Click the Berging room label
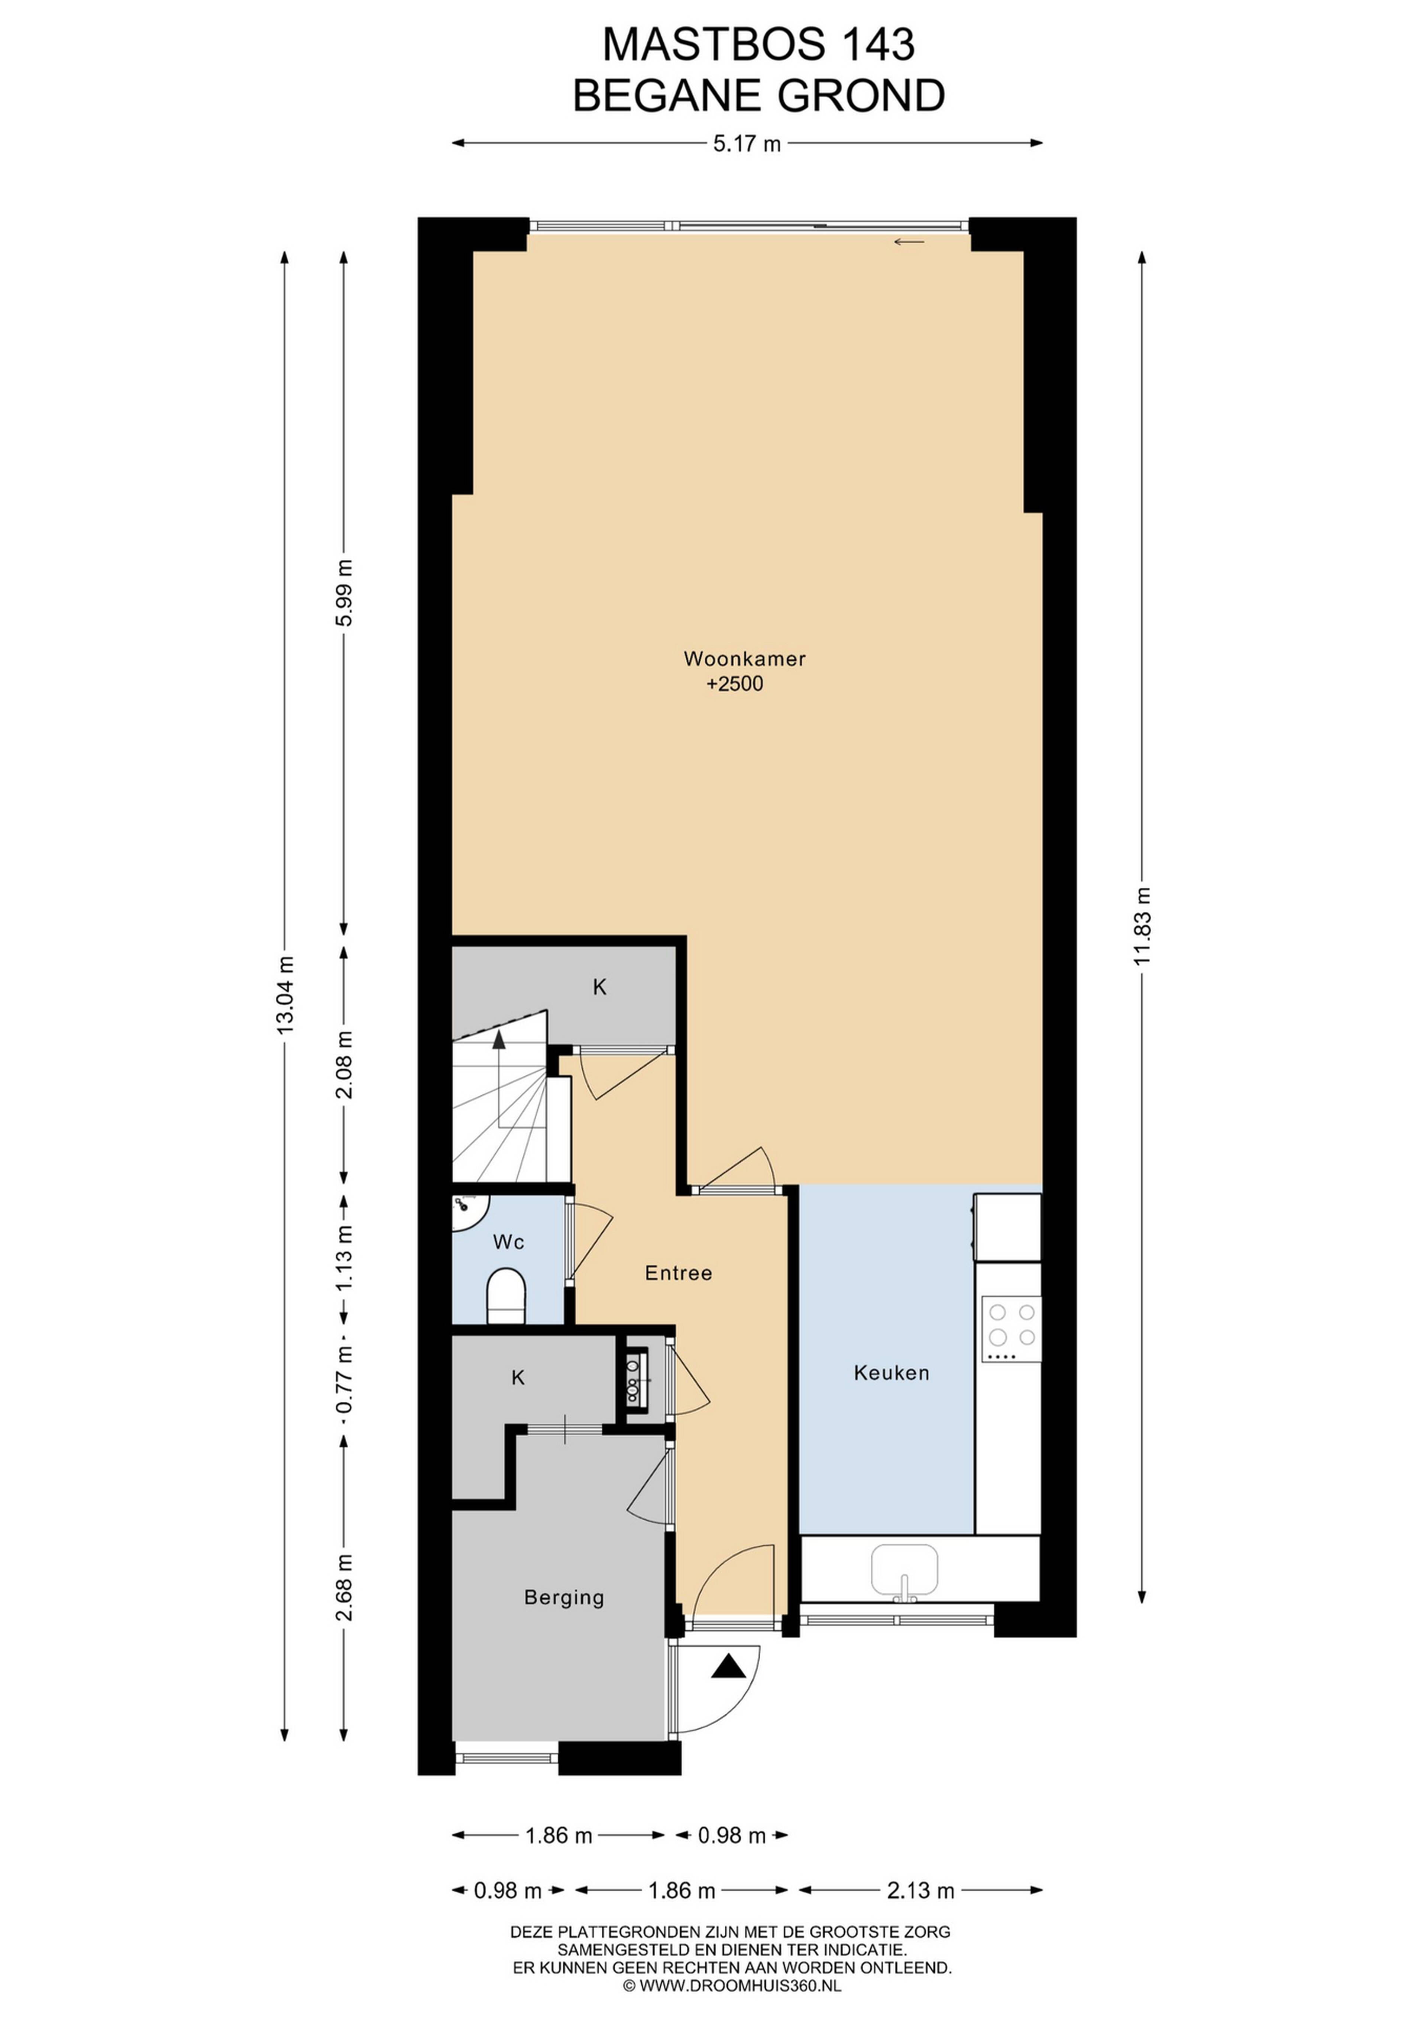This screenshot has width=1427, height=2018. [564, 1598]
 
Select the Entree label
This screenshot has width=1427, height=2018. [678, 1273]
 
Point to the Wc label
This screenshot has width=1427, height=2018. [509, 1242]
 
